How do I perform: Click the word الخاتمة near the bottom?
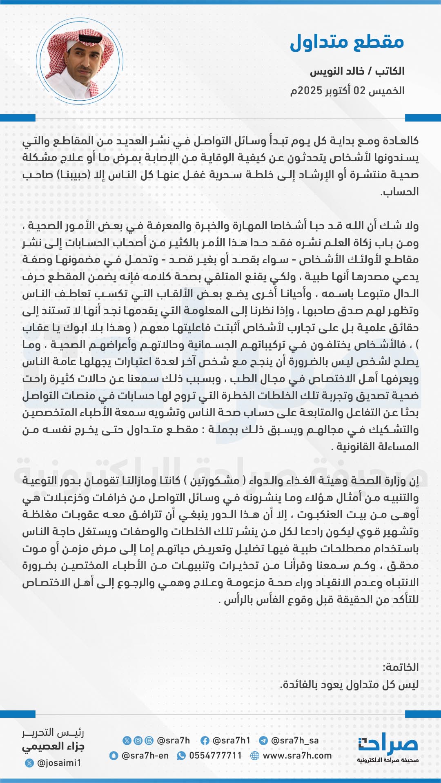401,667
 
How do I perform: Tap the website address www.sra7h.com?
297,756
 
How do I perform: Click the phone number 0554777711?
215,756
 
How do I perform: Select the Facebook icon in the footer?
205,741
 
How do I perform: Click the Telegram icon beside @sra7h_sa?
263,741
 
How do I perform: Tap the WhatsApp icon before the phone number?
181,756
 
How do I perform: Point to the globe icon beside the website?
255,756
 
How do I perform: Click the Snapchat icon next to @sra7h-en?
114,756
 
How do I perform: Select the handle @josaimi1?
59,763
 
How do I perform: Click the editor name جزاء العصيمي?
53,747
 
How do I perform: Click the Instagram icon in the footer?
138,741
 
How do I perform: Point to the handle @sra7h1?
231,741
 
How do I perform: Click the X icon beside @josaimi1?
29,763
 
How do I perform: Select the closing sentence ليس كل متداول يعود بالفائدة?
350,684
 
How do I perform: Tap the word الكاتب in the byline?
390,71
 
